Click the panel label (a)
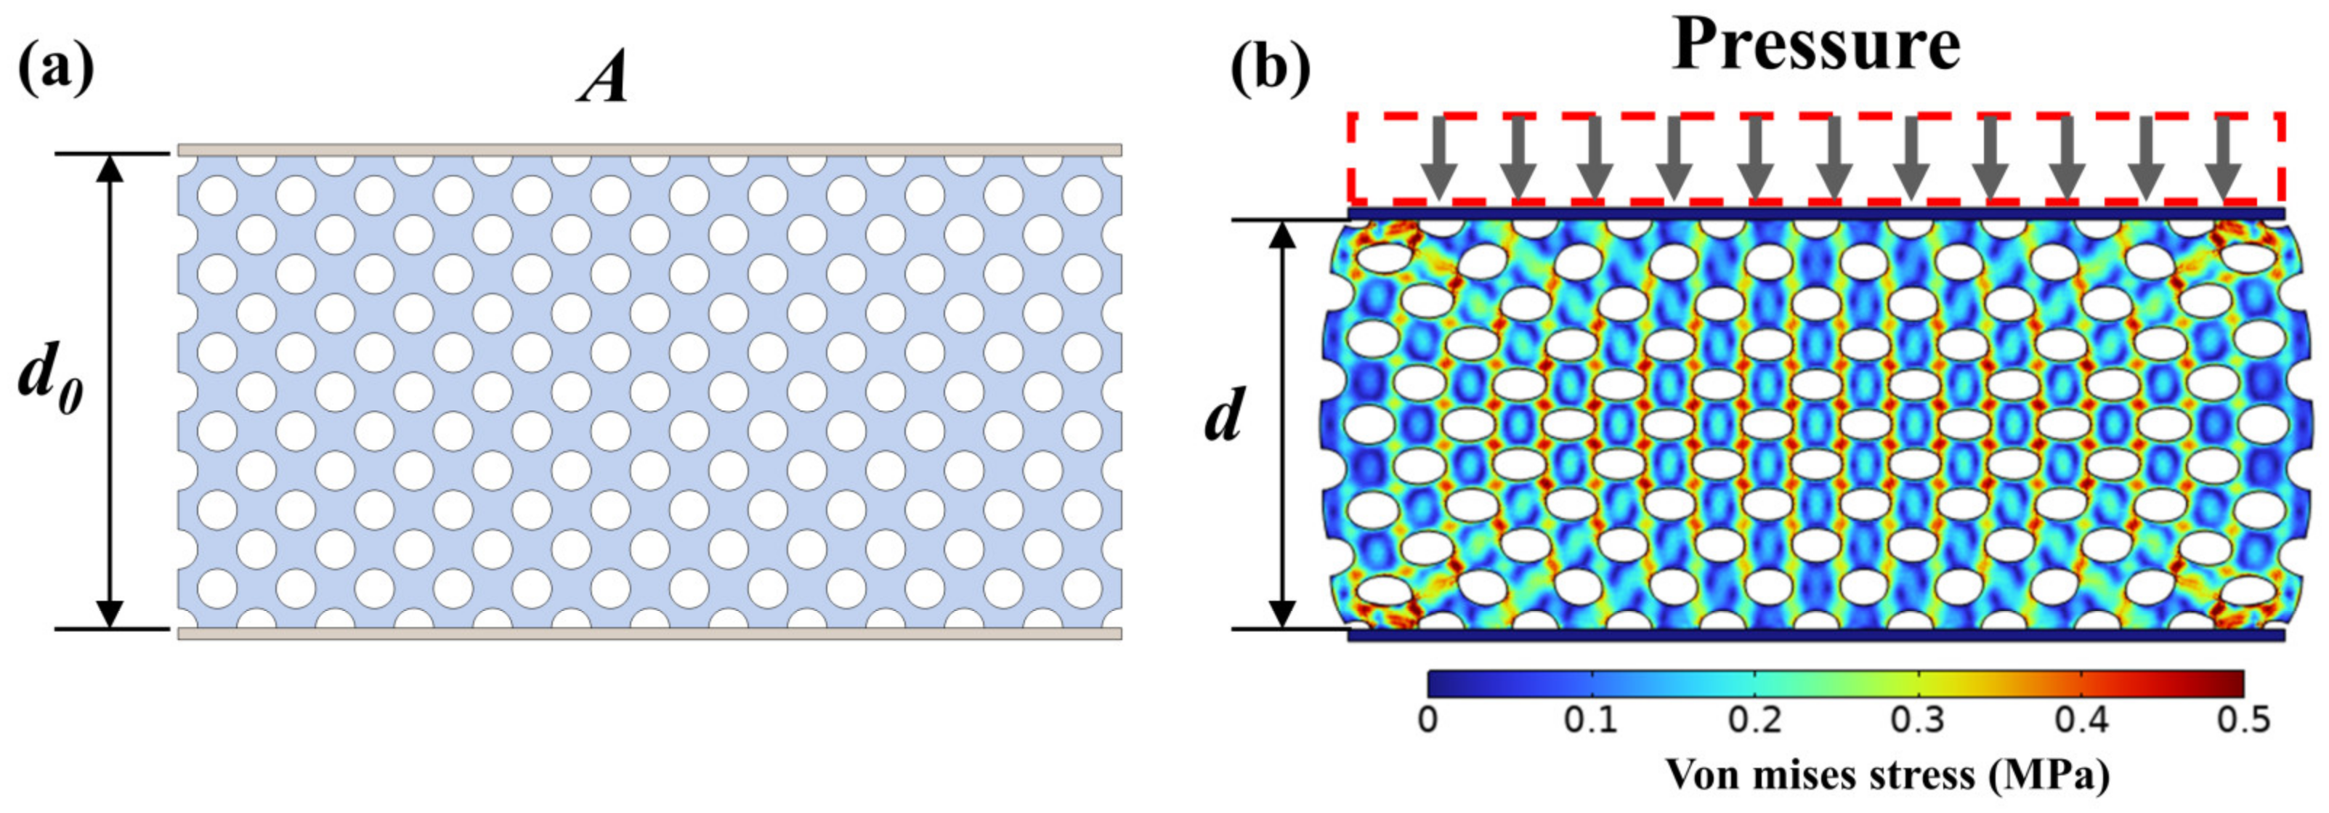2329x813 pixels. pos(55,70)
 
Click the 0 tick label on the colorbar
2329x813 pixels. pos(1427,721)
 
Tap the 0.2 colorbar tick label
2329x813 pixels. pos(1755,721)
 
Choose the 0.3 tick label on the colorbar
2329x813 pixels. pos(1919,721)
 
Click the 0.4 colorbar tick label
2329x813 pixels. pos(2081,721)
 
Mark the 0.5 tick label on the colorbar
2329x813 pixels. pos(2243,721)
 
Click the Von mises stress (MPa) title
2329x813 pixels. pos(1888,775)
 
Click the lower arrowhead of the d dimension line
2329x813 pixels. pos(1281,615)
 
